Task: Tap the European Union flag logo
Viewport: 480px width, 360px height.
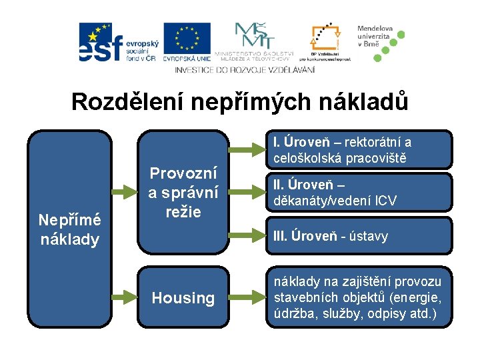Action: (187, 42)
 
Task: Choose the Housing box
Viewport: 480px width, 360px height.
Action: (183, 298)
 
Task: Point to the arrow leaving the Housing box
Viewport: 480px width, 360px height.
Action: (245, 297)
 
